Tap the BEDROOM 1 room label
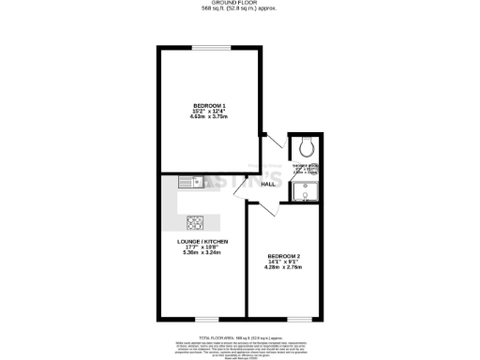pos(209,104)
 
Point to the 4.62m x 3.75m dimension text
pos(209,117)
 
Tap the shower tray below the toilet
pos(305,193)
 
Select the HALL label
pos(267,184)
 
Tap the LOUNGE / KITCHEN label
pos(203,242)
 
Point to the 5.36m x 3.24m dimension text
pos(203,254)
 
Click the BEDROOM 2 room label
pos(283,256)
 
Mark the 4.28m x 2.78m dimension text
pos(283,268)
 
